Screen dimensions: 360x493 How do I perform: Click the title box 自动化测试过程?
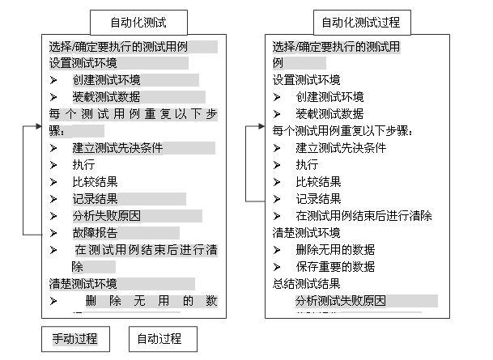[362, 23]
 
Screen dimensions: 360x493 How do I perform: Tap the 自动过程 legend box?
[164, 338]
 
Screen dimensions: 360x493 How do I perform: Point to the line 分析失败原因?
[106, 216]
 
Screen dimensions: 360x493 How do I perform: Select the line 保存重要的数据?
[335, 267]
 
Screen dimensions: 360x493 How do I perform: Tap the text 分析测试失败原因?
[340, 301]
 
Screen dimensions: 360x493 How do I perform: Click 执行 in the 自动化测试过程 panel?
[307, 165]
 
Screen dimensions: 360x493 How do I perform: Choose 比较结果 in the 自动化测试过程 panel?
[318, 182]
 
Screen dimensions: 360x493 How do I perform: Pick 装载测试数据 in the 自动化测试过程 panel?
[329, 114]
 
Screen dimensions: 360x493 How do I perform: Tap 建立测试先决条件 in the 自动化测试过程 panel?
[341, 148]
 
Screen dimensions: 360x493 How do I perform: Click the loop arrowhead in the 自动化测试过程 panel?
[261, 127]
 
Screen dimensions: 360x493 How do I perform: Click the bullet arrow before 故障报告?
[53, 233]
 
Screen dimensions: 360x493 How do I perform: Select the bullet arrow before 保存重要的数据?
[277, 267]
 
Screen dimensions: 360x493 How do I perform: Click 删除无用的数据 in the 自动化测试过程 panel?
[335, 250]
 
